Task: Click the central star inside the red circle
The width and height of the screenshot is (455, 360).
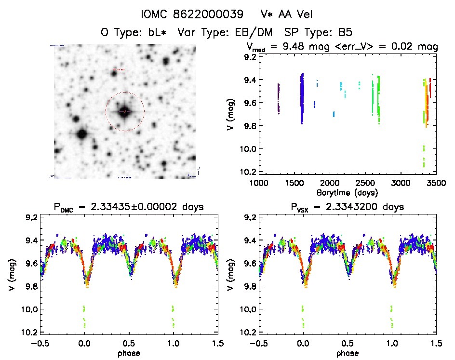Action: [125, 111]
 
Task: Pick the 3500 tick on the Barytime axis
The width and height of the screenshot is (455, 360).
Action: [436, 183]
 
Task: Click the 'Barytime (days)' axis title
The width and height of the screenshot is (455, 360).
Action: [347, 192]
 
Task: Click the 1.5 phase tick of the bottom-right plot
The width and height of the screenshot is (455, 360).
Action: [436, 343]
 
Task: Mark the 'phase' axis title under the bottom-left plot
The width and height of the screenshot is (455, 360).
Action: [129, 353]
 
